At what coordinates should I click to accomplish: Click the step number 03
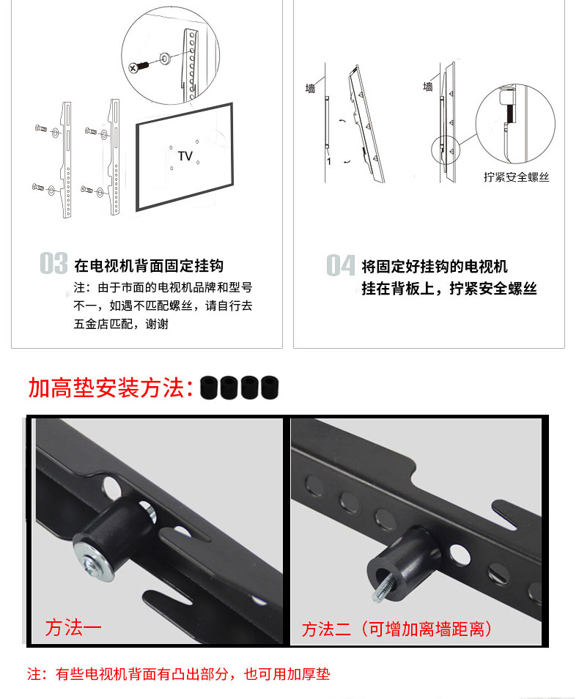coord(54,263)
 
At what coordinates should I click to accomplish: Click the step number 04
coord(340,265)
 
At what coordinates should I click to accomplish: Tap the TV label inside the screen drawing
coord(185,156)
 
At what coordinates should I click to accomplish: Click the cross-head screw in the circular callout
coord(139,67)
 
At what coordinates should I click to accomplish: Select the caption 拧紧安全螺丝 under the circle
coord(516,177)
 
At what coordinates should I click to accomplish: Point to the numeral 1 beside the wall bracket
coord(329,161)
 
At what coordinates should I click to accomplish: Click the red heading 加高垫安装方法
coord(111,388)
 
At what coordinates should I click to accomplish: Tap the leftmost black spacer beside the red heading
coord(209,388)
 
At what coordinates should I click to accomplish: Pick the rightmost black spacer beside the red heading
coord(270,388)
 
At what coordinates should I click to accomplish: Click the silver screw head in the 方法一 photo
coord(93,566)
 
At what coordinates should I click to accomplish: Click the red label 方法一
coord(73,628)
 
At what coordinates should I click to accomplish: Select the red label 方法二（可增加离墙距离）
coord(397,629)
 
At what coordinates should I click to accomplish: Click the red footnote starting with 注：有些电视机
coord(178,674)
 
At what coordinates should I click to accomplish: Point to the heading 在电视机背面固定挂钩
coord(149,266)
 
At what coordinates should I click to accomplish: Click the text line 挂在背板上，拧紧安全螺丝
coord(449,289)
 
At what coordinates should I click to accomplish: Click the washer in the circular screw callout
coord(165,59)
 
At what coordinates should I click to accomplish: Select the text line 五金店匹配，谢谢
coord(121,324)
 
